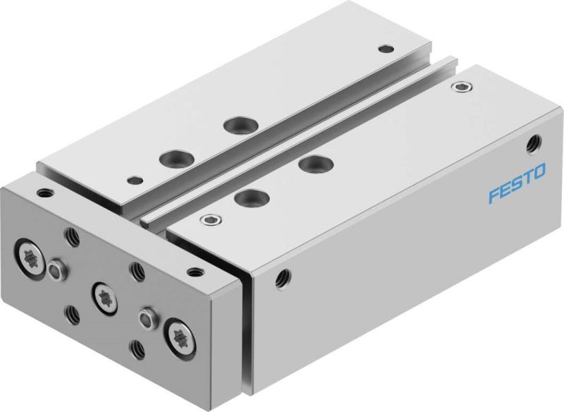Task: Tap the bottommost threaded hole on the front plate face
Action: point(137,347)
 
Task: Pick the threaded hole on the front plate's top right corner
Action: point(192,269)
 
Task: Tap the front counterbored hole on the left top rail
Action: point(169,156)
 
